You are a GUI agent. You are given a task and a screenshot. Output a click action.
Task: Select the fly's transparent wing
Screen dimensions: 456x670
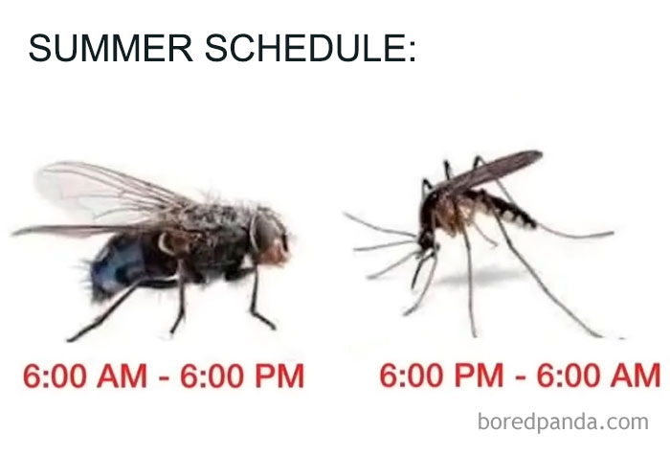(x=105, y=192)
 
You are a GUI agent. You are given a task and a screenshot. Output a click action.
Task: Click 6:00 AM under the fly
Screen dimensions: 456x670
(x=82, y=375)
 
